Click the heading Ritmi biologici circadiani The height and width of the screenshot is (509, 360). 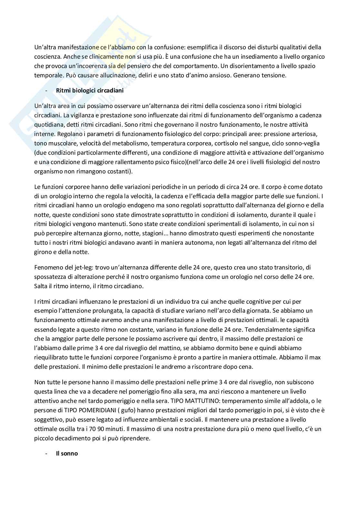90,91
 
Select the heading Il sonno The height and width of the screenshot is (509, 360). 67,453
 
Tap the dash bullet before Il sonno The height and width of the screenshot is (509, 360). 47,453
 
